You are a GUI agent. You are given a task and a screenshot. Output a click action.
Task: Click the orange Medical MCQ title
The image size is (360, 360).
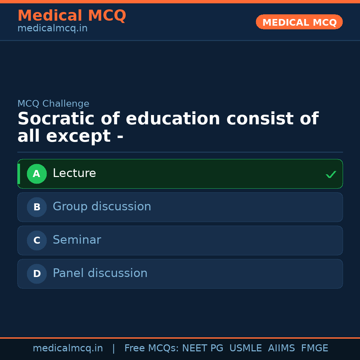pyautogui.click(x=72, y=16)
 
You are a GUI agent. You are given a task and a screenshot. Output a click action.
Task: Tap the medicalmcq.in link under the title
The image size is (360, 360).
pyautogui.click(x=52, y=29)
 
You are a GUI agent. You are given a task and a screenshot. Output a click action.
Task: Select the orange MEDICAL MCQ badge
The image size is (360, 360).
pyautogui.click(x=299, y=22)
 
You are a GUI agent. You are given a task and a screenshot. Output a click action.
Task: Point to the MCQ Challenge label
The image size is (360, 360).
pyautogui.click(x=53, y=104)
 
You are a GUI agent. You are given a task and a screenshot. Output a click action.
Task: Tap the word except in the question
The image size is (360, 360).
pyautogui.click(x=78, y=136)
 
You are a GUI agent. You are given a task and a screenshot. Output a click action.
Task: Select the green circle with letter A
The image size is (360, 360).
pyautogui.click(x=37, y=174)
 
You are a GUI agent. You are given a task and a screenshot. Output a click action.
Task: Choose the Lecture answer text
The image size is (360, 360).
pyautogui.click(x=74, y=173)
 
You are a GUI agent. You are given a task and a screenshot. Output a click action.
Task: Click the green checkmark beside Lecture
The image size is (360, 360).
pyautogui.click(x=331, y=174)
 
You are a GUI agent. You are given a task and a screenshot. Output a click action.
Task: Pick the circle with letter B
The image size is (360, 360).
pyautogui.click(x=37, y=207)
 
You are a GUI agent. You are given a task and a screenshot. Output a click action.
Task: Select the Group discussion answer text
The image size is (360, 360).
pyautogui.click(x=102, y=207)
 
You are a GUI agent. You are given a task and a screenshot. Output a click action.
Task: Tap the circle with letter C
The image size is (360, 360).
pyautogui.click(x=37, y=240)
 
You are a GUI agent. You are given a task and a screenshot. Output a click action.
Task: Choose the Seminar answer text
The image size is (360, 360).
pyautogui.click(x=77, y=240)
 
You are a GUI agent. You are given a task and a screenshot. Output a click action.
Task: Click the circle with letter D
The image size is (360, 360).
pyautogui.click(x=37, y=274)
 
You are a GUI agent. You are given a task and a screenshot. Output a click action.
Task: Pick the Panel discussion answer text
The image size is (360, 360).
pyautogui.click(x=100, y=273)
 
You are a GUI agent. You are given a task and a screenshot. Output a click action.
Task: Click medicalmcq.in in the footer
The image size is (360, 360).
pyautogui.click(x=68, y=348)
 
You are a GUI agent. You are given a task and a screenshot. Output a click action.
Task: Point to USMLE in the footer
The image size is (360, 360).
pyautogui.click(x=245, y=348)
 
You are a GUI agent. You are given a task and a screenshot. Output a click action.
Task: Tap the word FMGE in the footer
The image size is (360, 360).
pyautogui.click(x=314, y=348)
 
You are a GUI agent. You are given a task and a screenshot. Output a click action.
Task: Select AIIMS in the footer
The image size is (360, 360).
pyautogui.click(x=281, y=348)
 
